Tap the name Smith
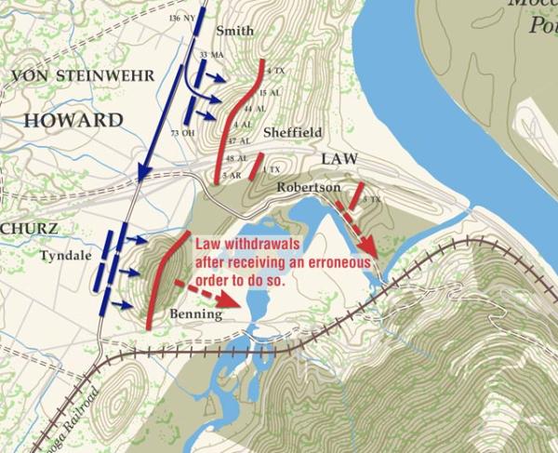pyautogui.click(x=233, y=31)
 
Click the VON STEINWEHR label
pyautogui.click(x=68, y=74)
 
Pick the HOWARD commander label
pyautogui.click(x=73, y=120)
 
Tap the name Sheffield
pyautogui.click(x=292, y=133)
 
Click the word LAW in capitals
pyautogui.click(x=339, y=159)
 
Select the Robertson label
pyautogui.click(x=306, y=187)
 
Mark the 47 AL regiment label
pyautogui.click(x=240, y=140)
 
